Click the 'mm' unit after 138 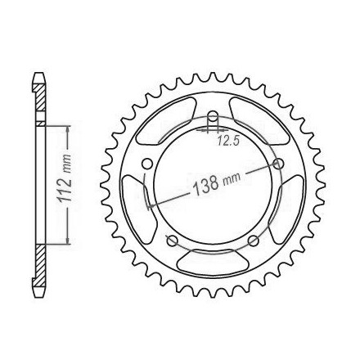click(232, 178)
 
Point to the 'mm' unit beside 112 click(67, 164)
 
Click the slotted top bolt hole click(213, 119)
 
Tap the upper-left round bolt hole click(147, 164)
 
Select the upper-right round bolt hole click(278, 164)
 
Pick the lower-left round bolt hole click(172, 241)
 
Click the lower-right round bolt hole click(254, 241)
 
